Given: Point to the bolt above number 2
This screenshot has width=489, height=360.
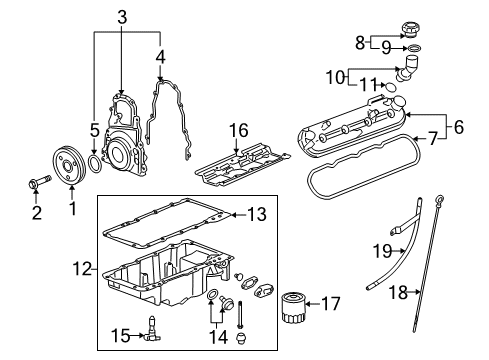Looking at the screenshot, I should tap(36, 182).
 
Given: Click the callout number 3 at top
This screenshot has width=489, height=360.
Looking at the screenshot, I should tap(120, 16).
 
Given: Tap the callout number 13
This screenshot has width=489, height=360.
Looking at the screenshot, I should tap(256, 213).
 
